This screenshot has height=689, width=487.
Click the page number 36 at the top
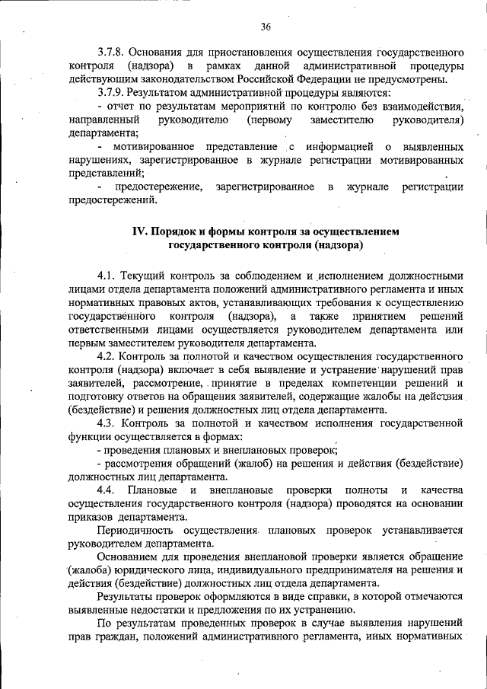coord(265,27)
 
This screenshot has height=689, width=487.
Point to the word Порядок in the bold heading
coord(183,231)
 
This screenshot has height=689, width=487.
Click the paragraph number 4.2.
coord(106,356)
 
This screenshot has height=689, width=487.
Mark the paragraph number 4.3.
coord(106,424)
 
